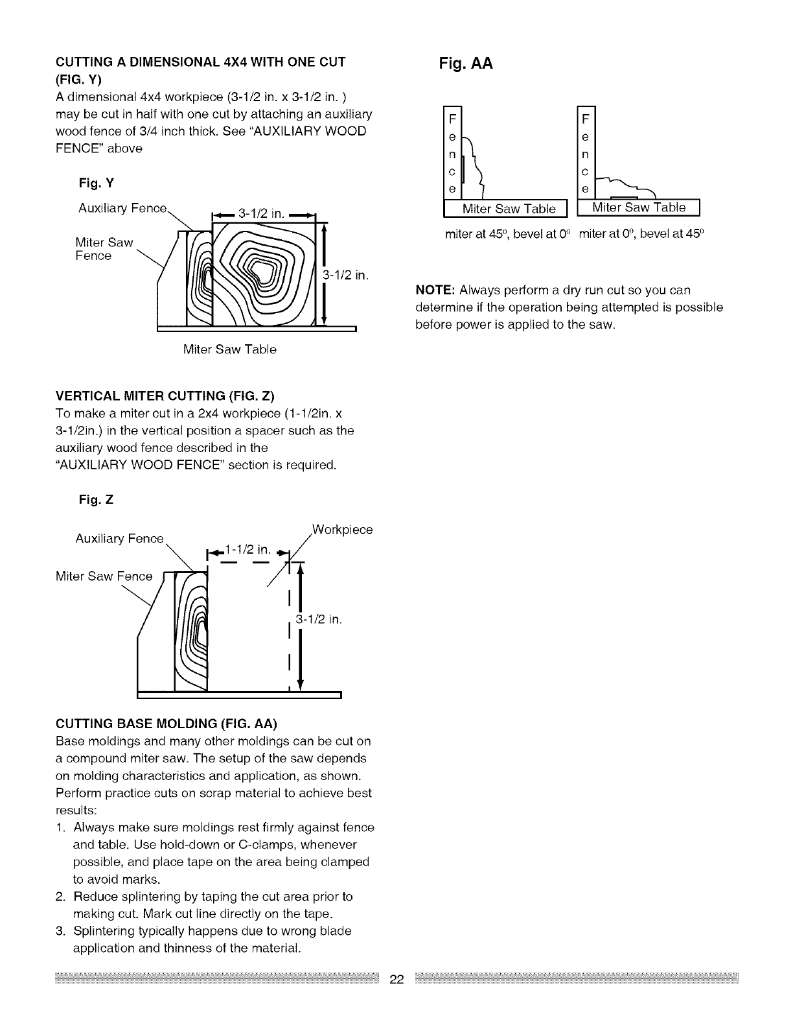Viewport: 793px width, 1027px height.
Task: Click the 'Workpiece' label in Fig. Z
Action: (x=342, y=530)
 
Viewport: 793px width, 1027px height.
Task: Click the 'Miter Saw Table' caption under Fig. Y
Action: (x=230, y=350)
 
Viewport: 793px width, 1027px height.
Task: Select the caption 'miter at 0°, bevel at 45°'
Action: (x=641, y=234)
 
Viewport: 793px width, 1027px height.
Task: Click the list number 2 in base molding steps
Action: (x=60, y=897)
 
